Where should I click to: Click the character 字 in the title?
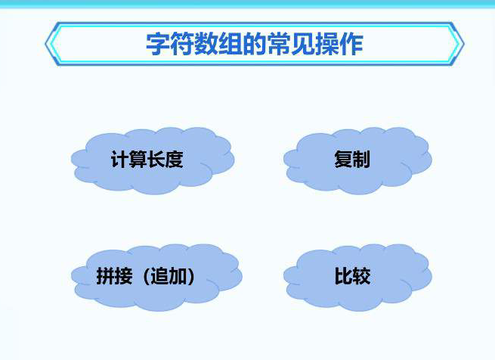click(158, 44)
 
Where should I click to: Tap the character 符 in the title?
click(182, 44)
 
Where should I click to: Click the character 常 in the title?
click(279, 44)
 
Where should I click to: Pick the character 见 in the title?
click(303, 44)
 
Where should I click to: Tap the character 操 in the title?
click(327, 44)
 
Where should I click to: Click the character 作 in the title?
click(351, 44)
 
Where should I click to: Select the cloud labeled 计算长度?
click(153, 160)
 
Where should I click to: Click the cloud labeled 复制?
click(357, 160)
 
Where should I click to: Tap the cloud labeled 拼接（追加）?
click(156, 278)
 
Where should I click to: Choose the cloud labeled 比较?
click(357, 278)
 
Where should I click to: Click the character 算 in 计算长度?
click(138, 159)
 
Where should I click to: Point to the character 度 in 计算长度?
click(174, 159)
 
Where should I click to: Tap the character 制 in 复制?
click(361, 159)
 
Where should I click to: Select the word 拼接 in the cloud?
click(114, 276)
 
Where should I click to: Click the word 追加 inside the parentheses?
click(169, 276)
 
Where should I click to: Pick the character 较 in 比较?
click(361, 276)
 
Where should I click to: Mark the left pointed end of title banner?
click(45, 44)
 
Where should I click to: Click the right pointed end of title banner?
click(464, 44)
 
